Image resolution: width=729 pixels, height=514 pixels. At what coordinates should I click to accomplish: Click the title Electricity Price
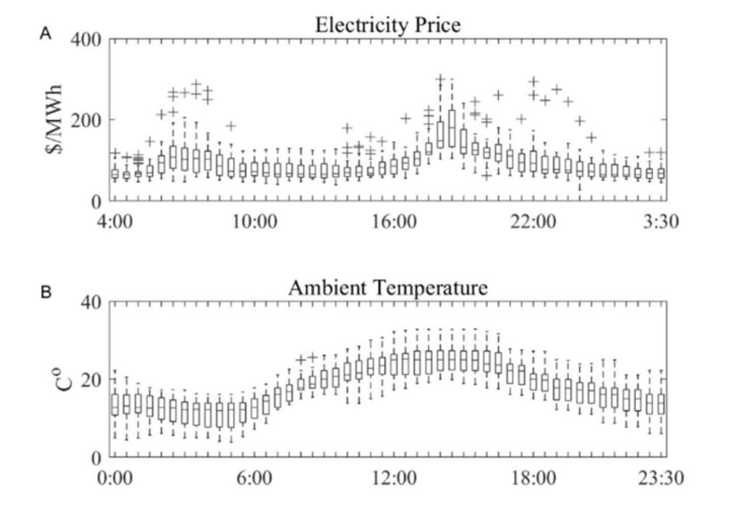(388, 25)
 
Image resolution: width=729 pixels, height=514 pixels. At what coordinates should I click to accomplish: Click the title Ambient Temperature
(388, 287)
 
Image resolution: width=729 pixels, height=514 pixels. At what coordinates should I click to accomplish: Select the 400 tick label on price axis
(87, 40)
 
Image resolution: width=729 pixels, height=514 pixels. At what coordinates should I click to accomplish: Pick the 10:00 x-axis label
(254, 222)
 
